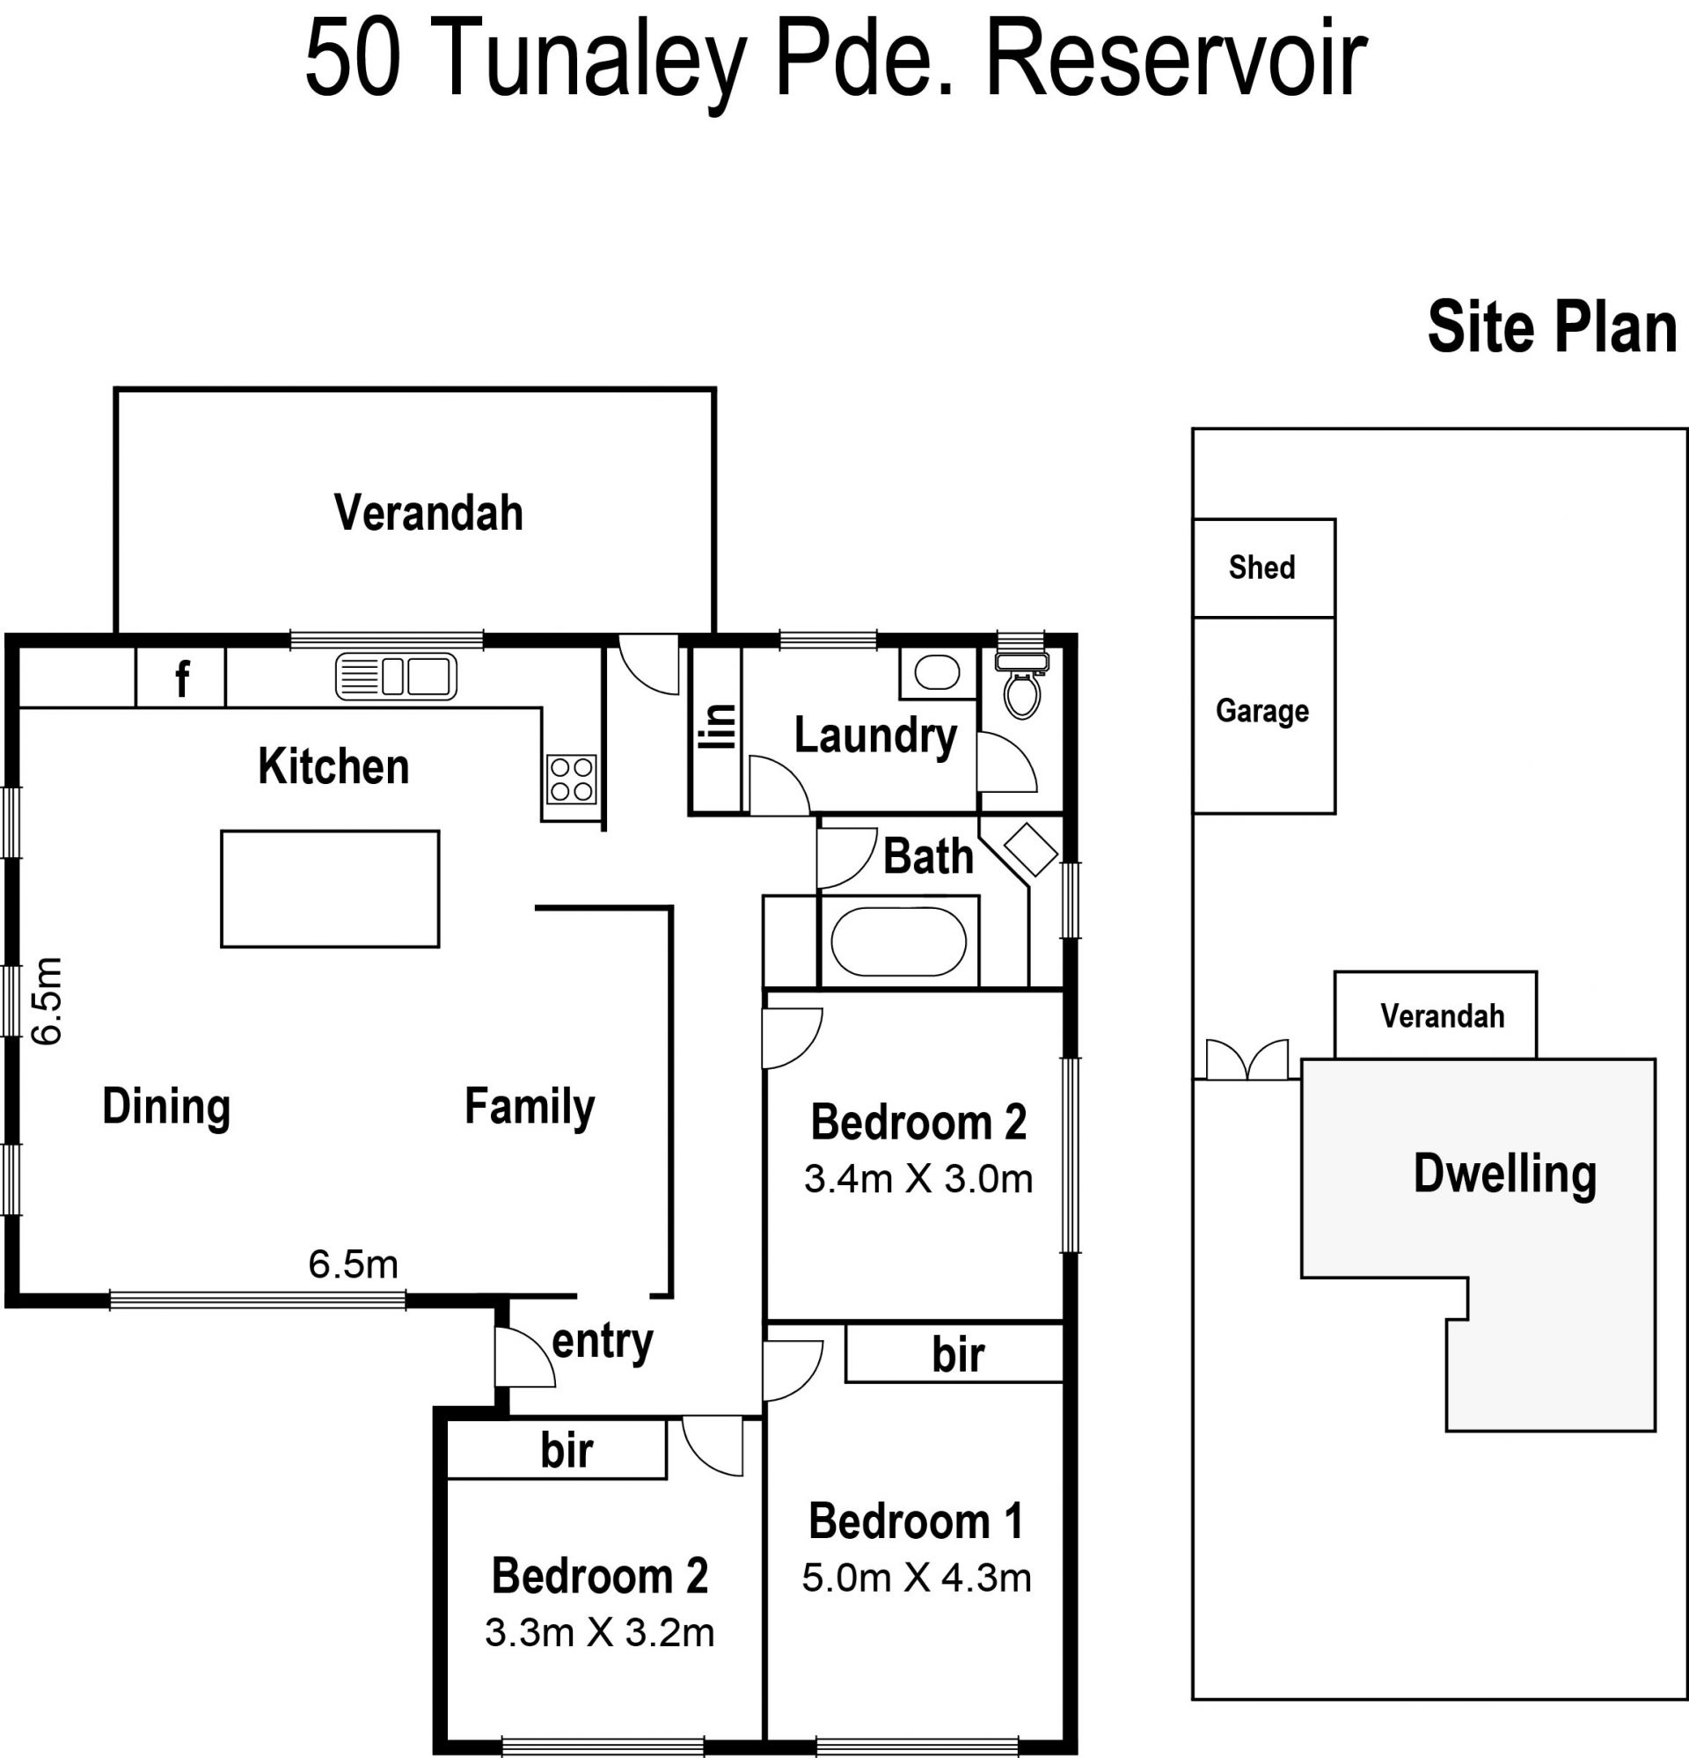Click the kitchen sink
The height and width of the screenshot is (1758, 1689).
click(x=396, y=677)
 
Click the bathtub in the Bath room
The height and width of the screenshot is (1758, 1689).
click(x=898, y=941)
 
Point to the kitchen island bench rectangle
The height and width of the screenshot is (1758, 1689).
click(x=330, y=889)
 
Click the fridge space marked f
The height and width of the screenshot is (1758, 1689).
click(x=180, y=678)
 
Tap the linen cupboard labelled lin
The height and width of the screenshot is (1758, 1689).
click(x=716, y=730)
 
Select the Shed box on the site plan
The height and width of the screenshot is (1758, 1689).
click(x=1264, y=568)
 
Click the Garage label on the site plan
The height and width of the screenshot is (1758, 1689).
click(x=1262, y=710)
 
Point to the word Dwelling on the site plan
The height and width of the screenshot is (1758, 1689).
click(x=1505, y=1174)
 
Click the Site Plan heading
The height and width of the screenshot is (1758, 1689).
click(x=1552, y=327)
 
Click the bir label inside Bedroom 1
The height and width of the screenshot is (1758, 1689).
click(x=958, y=1355)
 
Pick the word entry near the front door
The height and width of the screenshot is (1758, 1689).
click(x=603, y=1344)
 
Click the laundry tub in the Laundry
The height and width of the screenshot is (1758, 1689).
click(x=938, y=672)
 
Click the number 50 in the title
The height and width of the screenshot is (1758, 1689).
click(x=353, y=59)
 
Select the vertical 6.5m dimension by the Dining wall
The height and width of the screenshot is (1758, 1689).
click(x=48, y=1001)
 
